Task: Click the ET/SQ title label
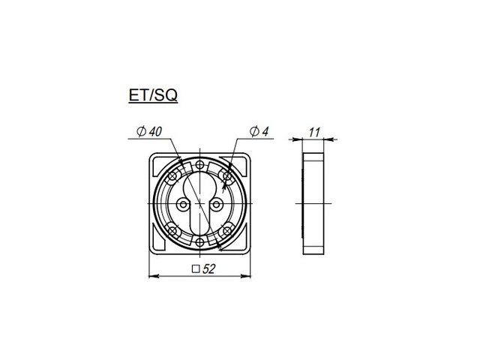(x=153, y=95)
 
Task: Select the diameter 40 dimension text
(x=149, y=132)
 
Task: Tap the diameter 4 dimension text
(x=259, y=131)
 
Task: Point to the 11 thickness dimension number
(x=314, y=132)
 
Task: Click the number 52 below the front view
(x=208, y=269)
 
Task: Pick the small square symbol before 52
(x=196, y=269)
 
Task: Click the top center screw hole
(x=200, y=165)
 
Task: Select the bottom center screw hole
(x=200, y=243)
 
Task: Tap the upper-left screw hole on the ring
(x=173, y=176)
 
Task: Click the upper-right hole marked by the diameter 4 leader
(x=226, y=176)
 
